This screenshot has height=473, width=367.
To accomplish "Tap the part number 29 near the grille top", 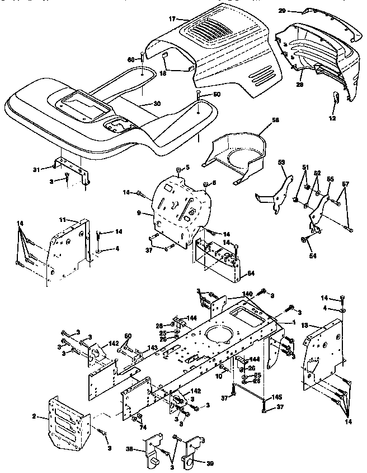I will (282, 11).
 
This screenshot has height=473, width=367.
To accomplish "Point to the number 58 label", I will (260, 120).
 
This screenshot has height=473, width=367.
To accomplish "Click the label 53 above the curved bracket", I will (282, 163).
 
